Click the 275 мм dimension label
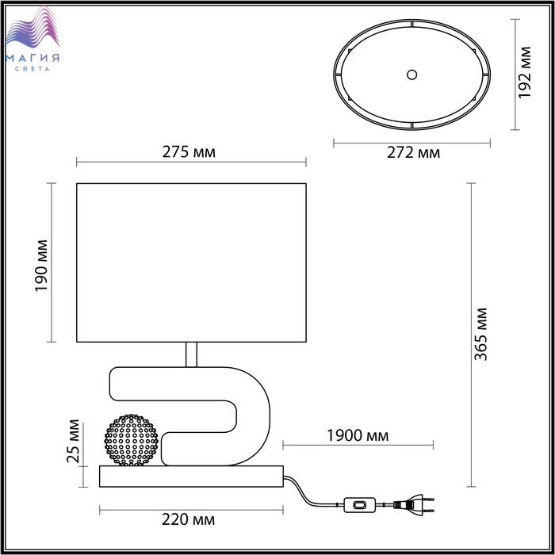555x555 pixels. point(189,152)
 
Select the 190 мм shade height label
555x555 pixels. point(41,266)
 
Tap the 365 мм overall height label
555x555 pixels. point(480,334)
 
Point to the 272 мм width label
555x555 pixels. point(413,152)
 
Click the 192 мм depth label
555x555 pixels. point(525,73)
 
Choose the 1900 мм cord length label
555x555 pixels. point(358,436)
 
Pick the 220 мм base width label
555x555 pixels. point(189,519)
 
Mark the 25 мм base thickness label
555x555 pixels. point(73,441)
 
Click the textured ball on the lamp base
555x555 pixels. point(132,440)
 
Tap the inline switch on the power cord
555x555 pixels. point(360,505)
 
